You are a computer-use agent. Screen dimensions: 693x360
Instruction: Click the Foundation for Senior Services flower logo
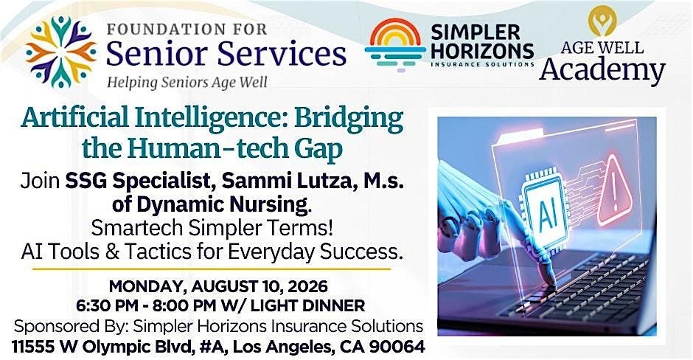click(x=60, y=52)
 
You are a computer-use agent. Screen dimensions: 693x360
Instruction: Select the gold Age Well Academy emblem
click(x=602, y=21)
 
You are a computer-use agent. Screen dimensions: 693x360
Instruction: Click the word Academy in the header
click(x=602, y=71)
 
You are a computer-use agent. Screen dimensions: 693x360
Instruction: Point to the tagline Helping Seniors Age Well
click(x=188, y=83)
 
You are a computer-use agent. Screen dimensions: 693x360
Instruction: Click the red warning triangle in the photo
click(x=615, y=190)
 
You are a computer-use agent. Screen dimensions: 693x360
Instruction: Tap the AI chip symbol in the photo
click(x=546, y=214)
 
